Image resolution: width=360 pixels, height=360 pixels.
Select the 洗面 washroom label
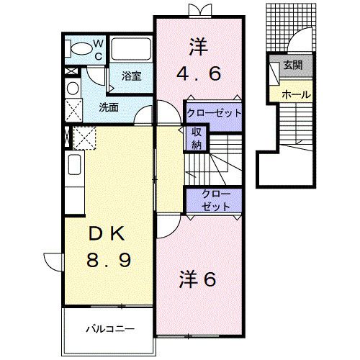[x=109, y=107]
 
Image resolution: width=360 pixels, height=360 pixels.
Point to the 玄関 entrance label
[x=293, y=66]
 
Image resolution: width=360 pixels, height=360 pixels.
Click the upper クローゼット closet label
[x=212, y=113]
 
